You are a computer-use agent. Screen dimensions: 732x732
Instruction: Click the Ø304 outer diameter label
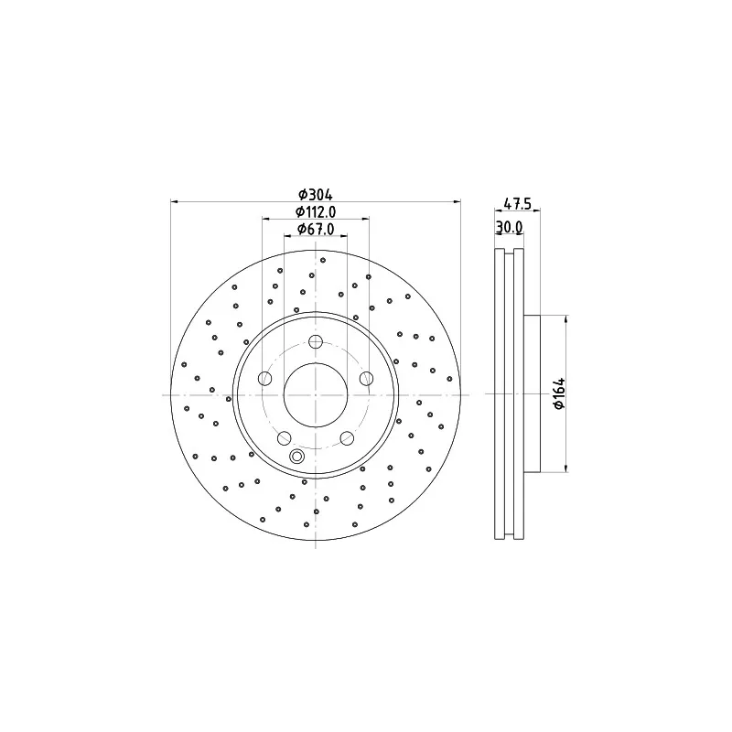[316, 194]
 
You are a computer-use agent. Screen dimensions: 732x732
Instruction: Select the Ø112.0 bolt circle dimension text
[316, 212]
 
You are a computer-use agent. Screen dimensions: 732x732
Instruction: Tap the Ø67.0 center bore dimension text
[316, 229]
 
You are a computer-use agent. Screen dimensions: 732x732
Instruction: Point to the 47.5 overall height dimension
[517, 203]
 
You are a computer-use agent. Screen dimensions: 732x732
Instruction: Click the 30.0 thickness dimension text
[509, 227]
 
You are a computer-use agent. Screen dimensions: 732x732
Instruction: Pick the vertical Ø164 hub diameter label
[559, 393]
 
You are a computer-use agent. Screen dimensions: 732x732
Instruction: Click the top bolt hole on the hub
[316, 341]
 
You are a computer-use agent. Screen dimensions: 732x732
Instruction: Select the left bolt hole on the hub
[265, 378]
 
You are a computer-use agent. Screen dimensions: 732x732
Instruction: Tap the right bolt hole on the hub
[367, 378]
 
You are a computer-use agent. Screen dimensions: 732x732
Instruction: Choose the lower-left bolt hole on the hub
[285, 438]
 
